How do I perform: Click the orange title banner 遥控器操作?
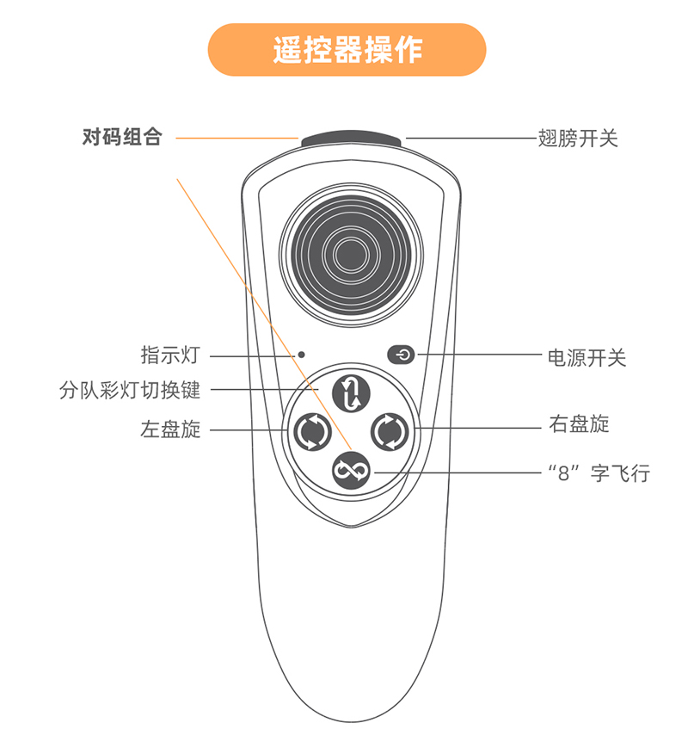(x=347, y=49)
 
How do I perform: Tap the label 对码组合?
(x=121, y=137)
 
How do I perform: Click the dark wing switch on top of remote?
(x=351, y=139)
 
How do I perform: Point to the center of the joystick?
(x=350, y=254)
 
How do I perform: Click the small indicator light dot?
(x=302, y=354)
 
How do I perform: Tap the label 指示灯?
(x=170, y=355)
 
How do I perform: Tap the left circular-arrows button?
(x=310, y=430)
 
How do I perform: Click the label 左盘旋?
(x=170, y=429)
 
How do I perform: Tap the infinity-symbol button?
(x=351, y=469)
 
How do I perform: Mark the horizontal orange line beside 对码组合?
(x=236, y=137)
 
